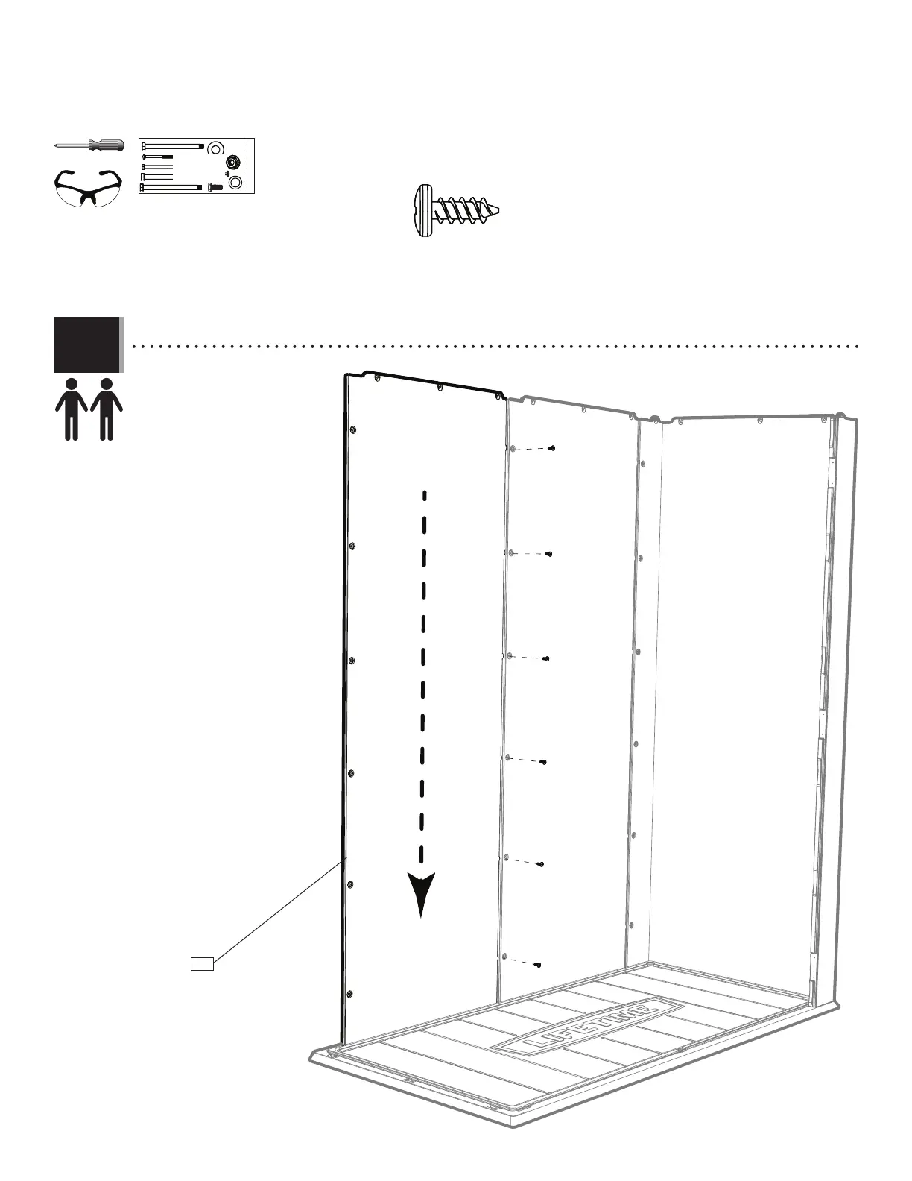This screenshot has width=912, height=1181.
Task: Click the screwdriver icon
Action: [88, 145]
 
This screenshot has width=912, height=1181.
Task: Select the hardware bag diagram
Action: [197, 166]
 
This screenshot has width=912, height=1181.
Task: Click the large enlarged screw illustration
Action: [455, 210]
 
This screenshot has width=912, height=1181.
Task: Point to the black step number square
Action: [86, 344]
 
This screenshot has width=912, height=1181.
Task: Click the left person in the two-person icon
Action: [72, 409]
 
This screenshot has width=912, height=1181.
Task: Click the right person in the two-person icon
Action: [107, 409]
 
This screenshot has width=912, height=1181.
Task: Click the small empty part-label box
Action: [202, 963]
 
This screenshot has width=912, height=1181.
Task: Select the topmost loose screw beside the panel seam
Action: [551, 448]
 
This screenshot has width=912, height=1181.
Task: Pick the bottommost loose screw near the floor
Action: [538, 965]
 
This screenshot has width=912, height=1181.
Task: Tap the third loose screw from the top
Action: [546, 659]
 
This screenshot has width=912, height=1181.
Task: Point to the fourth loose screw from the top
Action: [544, 762]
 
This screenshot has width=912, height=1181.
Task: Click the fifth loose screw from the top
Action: [541, 864]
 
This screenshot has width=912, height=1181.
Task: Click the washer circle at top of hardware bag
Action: [215, 146]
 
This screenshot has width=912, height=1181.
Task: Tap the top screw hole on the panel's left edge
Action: [353, 430]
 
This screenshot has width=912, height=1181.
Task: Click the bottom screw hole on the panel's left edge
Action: [349, 994]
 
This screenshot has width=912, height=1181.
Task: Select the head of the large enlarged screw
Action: [423, 210]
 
